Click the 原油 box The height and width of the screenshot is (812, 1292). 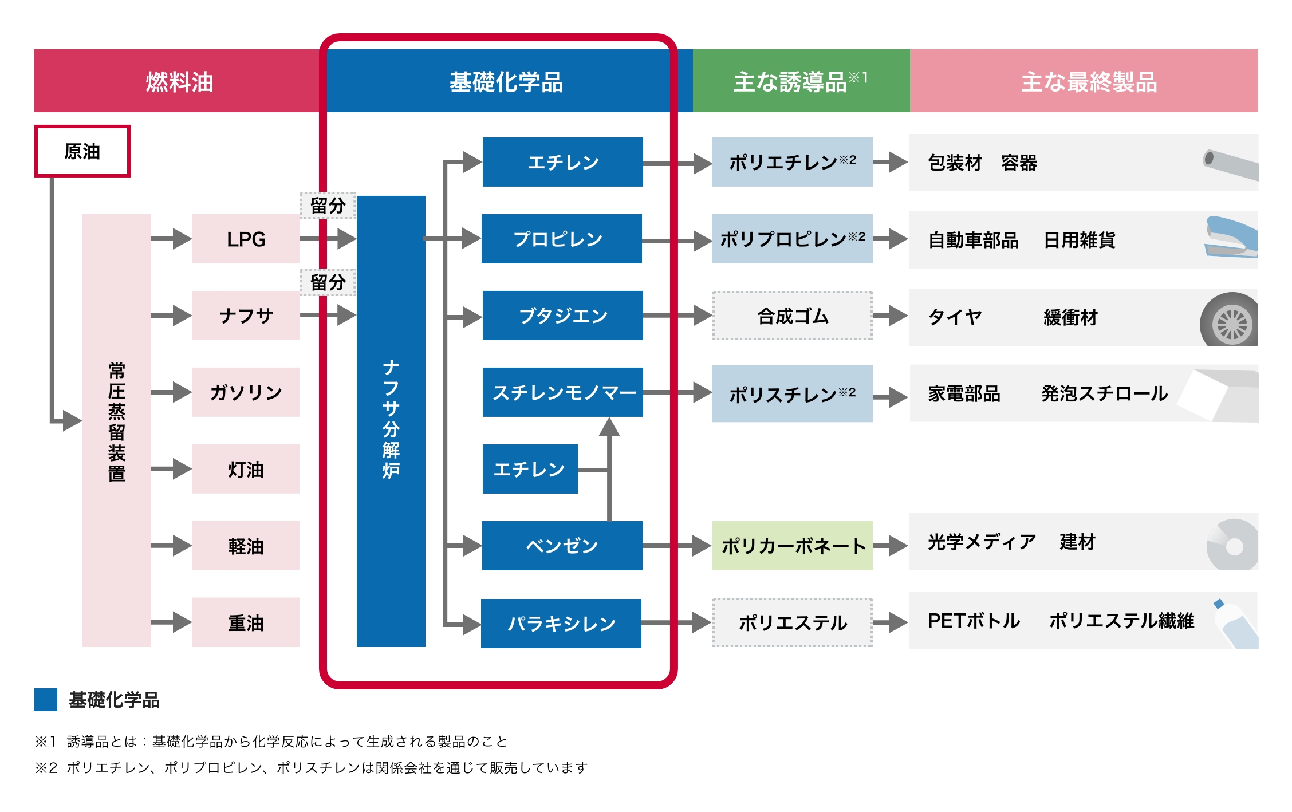[x=82, y=151]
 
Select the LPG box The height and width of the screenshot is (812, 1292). [x=246, y=239]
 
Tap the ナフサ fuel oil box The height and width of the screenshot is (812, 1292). [x=246, y=316]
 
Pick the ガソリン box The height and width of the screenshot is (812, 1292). [x=246, y=392]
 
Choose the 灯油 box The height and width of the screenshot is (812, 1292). [x=246, y=469]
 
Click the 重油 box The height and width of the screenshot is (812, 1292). [x=246, y=622]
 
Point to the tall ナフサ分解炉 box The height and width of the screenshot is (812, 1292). [x=391, y=421]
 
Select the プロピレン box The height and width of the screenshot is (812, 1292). [x=561, y=239]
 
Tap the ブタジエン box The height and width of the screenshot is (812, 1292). [x=562, y=316]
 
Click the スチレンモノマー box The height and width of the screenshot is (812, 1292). [x=562, y=392]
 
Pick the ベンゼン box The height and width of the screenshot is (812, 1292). [x=562, y=546]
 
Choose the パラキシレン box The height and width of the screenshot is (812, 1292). [x=561, y=623]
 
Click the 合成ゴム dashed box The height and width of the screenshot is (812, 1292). [x=792, y=316]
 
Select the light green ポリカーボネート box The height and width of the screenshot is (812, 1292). [x=792, y=546]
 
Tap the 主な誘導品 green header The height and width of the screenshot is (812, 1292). [x=801, y=81]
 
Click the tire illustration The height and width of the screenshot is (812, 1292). [x=1230, y=321]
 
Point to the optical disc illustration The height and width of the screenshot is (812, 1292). [x=1232, y=546]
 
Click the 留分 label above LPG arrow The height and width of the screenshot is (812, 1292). [x=328, y=206]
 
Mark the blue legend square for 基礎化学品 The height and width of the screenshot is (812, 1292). [x=46, y=699]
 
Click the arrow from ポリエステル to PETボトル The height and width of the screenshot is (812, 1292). [x=891, y=622]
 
